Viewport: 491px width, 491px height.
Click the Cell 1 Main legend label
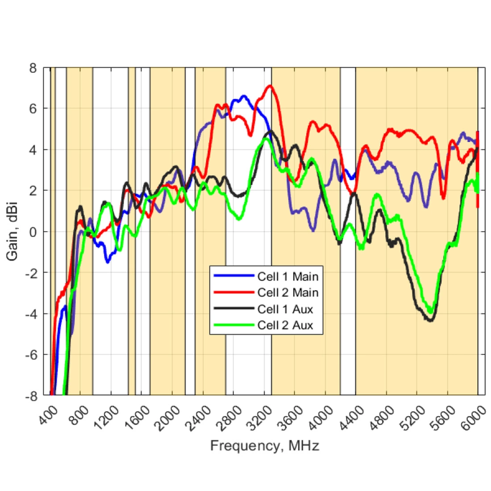tap(288, 276)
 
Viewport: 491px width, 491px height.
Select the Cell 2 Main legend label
tap(288, 292)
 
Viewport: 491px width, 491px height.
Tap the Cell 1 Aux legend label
tap(285, 309)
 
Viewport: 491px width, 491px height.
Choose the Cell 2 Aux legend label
tap(285, 325)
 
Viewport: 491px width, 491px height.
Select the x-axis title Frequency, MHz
tap(265, 445)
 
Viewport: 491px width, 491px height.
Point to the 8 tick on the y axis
tap(33, 68)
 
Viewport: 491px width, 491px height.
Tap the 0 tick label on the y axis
tap(33, 232)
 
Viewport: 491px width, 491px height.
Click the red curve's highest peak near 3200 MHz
tap(270, 86)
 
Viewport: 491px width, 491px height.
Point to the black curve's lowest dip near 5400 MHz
tap(430, 320)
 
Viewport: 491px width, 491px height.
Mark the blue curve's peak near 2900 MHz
tap(243, 96)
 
